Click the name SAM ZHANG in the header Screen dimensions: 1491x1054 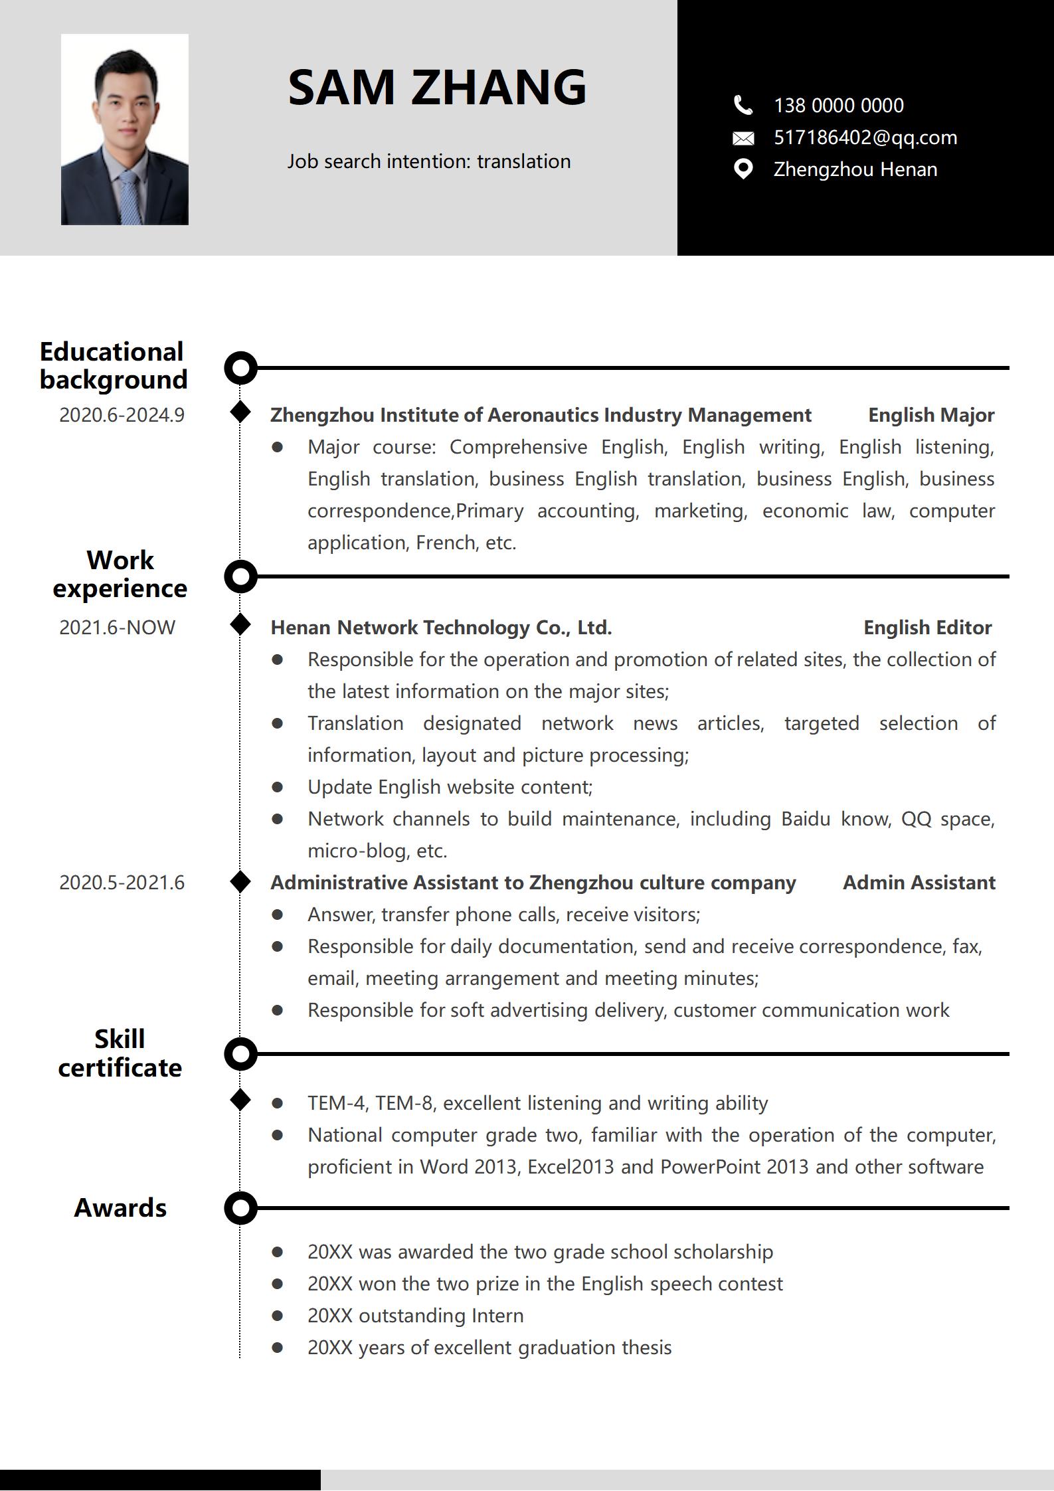click(437, 87)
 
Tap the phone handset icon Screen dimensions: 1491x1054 click(743, 105)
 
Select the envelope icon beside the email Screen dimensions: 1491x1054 click(743, 138)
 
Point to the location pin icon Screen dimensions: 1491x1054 click(743, 169)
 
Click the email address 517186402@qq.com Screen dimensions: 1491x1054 click(865, 137)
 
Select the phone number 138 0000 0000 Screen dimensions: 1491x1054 click(838, 105)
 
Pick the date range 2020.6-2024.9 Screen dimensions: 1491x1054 click(122, 415)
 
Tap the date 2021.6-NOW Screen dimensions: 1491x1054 click(117, 628)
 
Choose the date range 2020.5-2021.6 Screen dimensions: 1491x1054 click(122, 883)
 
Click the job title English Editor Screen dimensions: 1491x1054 click(927, 628)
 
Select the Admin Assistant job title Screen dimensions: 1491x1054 click(919, 883)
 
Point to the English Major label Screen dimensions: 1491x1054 click(930, 415)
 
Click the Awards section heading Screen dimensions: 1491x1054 click(120, 1208)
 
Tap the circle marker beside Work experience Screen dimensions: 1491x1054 click(240, 576)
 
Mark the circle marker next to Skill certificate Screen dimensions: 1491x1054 click(240, 1053)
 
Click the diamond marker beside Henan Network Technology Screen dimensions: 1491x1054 click(240, 624)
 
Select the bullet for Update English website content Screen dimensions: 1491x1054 click(278, 787)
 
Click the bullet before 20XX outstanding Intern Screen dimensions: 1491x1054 click(278, 1316)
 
